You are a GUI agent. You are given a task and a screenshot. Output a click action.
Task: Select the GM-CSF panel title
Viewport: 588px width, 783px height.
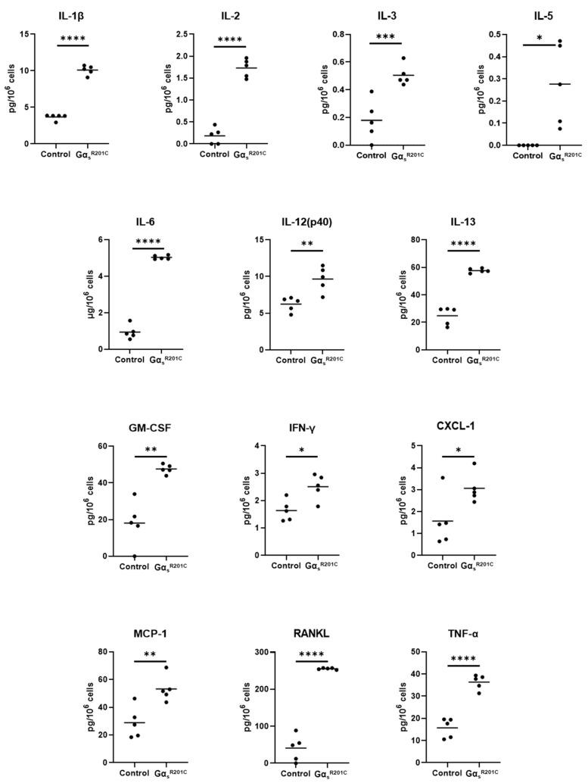(151, 427)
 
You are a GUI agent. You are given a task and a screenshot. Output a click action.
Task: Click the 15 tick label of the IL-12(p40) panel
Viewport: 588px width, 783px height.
(267, 240)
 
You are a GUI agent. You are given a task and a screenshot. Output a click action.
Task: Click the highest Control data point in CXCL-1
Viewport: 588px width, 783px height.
(443, 478)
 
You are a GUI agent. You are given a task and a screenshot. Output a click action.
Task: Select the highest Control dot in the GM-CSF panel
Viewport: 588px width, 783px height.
(134, 494)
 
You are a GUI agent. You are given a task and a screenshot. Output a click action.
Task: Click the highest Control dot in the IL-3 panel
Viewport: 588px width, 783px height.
(372, 92)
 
